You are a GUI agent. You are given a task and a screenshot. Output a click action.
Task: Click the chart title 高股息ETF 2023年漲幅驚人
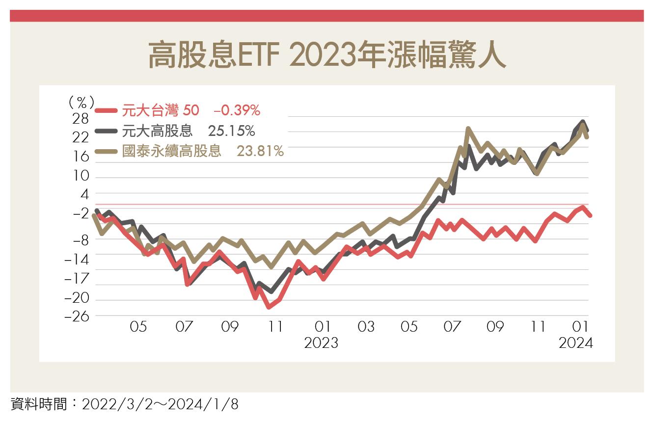[327, 54]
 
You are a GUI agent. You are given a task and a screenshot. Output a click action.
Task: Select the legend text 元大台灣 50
[161, 111]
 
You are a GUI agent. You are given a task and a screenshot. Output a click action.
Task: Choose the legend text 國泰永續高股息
[171, 151]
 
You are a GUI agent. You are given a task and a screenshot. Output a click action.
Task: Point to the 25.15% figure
[231, 131]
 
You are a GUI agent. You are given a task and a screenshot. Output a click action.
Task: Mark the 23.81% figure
[260, 151]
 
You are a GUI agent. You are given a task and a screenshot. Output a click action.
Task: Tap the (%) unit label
[81, 102]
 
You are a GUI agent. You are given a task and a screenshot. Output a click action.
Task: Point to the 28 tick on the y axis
[81, 119]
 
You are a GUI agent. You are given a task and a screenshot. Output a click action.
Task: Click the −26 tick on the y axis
[78, 316]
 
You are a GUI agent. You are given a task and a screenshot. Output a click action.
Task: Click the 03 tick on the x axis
[366, 326]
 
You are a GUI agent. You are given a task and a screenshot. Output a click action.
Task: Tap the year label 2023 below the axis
[321, 342]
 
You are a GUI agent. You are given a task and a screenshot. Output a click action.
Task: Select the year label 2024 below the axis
[576, 342]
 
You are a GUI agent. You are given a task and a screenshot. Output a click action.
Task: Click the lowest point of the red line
[269, 307]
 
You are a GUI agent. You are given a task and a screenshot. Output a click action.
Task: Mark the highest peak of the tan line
[468, 129]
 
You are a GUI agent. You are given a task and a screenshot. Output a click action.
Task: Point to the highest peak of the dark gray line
[583, 121]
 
